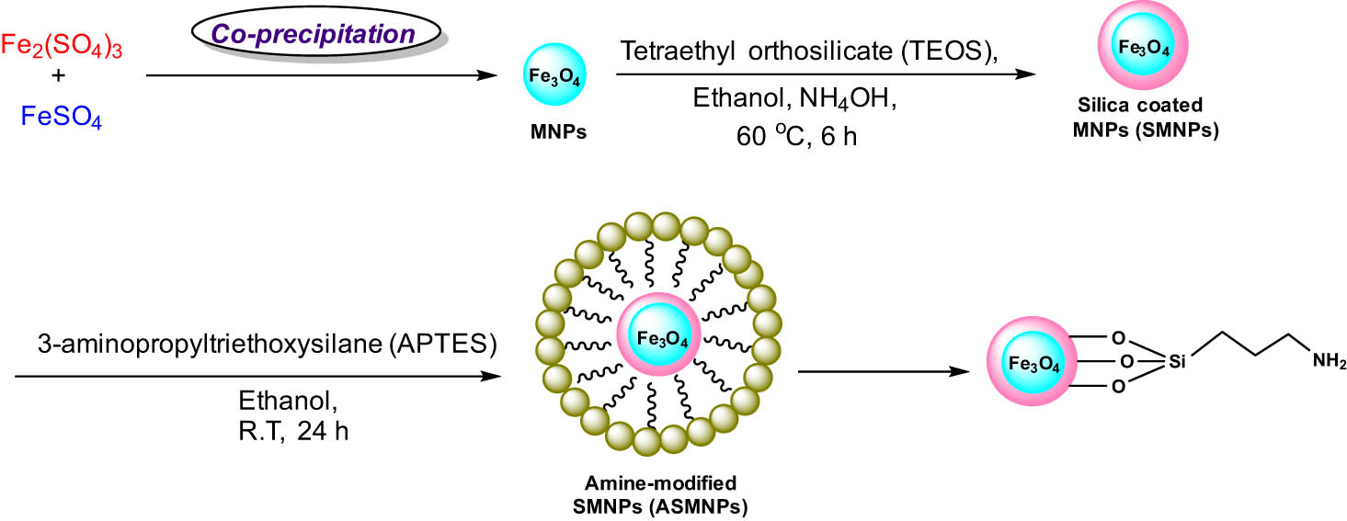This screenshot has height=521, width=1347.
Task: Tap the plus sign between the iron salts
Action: [x=60, y=79]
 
